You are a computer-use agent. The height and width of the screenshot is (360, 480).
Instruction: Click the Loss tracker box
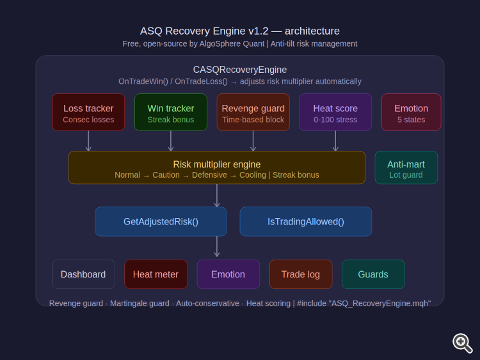[x=88, y=113]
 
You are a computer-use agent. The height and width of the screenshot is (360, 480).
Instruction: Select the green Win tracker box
[x=171, y=113]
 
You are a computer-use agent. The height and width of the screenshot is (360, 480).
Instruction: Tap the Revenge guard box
[x=253, y=113]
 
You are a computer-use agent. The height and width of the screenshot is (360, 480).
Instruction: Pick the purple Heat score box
[x=335, y=113]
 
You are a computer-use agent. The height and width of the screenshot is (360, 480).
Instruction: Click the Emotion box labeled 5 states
[x=411, y=113]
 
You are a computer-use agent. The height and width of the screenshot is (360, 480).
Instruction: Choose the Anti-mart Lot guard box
[x=406, y=168]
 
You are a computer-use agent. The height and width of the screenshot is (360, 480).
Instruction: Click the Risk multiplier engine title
[x=217, y=164]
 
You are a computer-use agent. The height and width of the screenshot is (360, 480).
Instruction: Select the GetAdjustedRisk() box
[x=161, y=222]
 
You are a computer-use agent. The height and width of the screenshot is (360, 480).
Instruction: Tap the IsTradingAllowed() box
[x=305, y=222]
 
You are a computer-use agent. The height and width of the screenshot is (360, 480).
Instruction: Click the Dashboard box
[x=83, y=274]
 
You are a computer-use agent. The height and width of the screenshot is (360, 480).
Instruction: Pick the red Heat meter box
[x=156, y=274]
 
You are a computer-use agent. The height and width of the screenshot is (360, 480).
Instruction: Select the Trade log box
[x=300, y=274]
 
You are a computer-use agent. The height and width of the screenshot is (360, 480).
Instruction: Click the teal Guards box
[x=373, y=274]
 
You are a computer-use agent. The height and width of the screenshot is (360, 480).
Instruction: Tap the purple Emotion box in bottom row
[x=228, y=274]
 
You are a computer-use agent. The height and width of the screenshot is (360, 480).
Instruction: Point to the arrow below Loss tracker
[x=88, y=141]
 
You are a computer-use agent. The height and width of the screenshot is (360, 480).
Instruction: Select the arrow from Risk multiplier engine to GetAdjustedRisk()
[x=217, y=196]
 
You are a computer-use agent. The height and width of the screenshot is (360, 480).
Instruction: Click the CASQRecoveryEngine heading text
[x=240, y=70]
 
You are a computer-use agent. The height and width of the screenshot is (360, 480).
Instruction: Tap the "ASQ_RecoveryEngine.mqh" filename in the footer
[x=380, y=303]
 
